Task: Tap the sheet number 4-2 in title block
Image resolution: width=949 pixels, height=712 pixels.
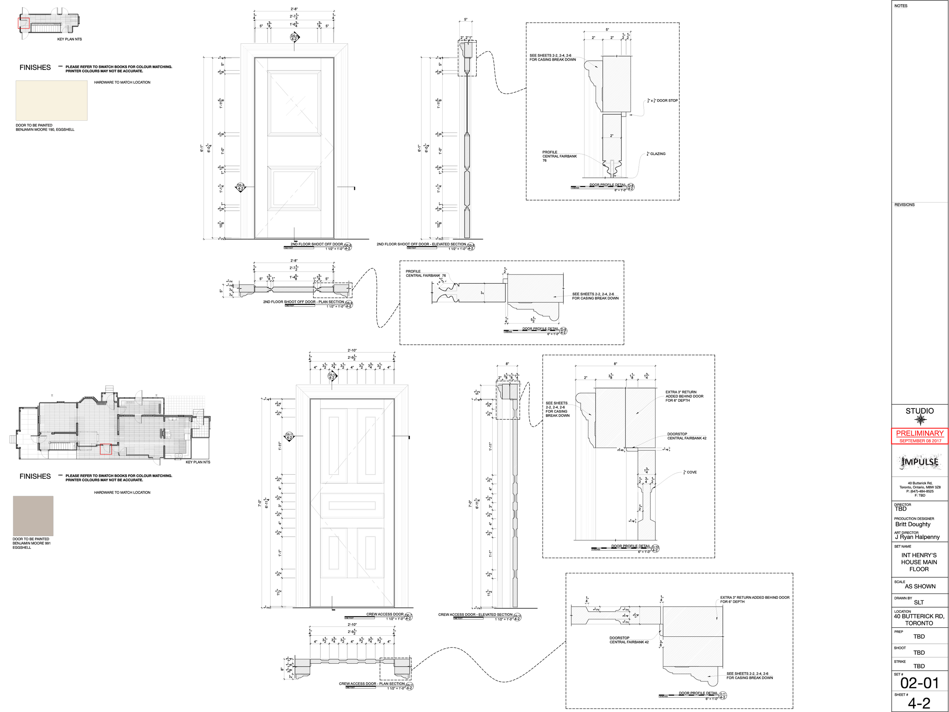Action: (919, 703)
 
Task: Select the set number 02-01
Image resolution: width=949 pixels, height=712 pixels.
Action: (919, 682)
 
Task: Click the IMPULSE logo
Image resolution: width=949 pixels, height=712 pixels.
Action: (919, 462)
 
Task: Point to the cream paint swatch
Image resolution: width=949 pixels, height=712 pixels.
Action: (52, 100)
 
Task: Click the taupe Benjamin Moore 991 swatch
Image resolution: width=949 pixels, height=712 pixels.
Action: (33, 515)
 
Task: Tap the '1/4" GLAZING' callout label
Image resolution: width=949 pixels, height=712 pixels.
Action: (657, 154)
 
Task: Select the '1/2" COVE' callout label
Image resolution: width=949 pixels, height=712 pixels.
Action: (690, 472)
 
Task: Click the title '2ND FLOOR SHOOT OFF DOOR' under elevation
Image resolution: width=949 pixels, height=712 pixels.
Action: (317, 244)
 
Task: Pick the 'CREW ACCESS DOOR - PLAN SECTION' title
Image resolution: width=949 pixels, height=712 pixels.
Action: (372, 684)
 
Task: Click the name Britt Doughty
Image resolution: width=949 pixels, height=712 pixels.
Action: (913, 524)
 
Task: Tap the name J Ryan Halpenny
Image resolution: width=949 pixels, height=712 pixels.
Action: (917, 537)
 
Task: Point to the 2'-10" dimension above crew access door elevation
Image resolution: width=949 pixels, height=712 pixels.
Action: (352, 350)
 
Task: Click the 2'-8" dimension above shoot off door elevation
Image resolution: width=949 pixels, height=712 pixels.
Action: (294, 9)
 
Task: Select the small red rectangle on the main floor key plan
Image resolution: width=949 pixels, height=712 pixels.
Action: (106, 449)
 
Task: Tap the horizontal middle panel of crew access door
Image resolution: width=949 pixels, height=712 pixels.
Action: (352, 505)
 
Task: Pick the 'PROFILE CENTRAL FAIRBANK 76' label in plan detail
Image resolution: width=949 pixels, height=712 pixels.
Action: (426, 273)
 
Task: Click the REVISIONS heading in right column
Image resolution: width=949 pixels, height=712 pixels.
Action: (904, 205)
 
